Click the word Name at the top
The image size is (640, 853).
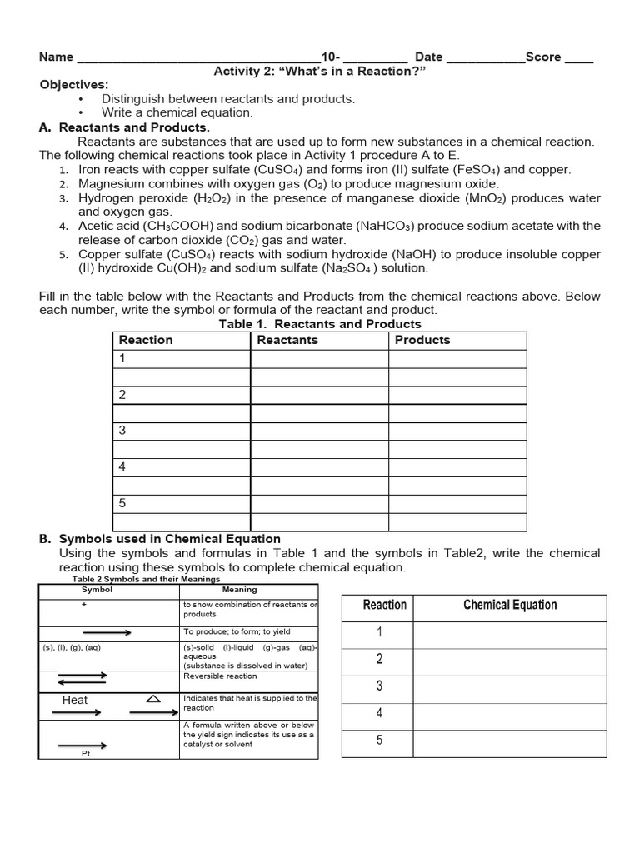point(57,57)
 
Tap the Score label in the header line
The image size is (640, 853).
point(543,57)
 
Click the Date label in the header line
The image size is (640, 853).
point(428,57)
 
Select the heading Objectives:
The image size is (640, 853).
point(74,85)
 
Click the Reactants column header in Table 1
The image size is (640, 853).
point(287,340)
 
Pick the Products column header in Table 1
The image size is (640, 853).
point(422,340)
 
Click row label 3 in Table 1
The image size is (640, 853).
point(122,431)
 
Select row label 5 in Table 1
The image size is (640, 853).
point(122,503)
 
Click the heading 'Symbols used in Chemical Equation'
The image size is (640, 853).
point(169,539)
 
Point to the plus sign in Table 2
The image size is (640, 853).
point(84,605)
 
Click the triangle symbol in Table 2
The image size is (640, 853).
point(153,699)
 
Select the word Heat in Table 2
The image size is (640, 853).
point(75,700)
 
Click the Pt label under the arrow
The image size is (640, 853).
point(85,753)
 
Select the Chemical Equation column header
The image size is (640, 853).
point(510,606)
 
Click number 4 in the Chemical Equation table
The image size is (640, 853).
point(379,713)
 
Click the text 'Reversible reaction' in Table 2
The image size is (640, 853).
point(220,676)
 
